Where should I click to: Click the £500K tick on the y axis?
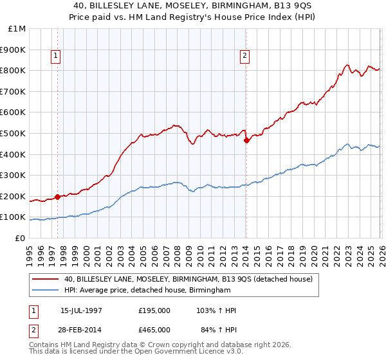point(13,133)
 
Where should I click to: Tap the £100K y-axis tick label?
point(13,217)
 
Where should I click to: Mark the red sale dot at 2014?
point(246,141)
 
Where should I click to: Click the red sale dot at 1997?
point(58,197)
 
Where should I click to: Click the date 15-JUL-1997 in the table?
point(81,310)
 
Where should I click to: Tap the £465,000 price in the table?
point(154,330)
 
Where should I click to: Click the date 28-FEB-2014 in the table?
point(81,330)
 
